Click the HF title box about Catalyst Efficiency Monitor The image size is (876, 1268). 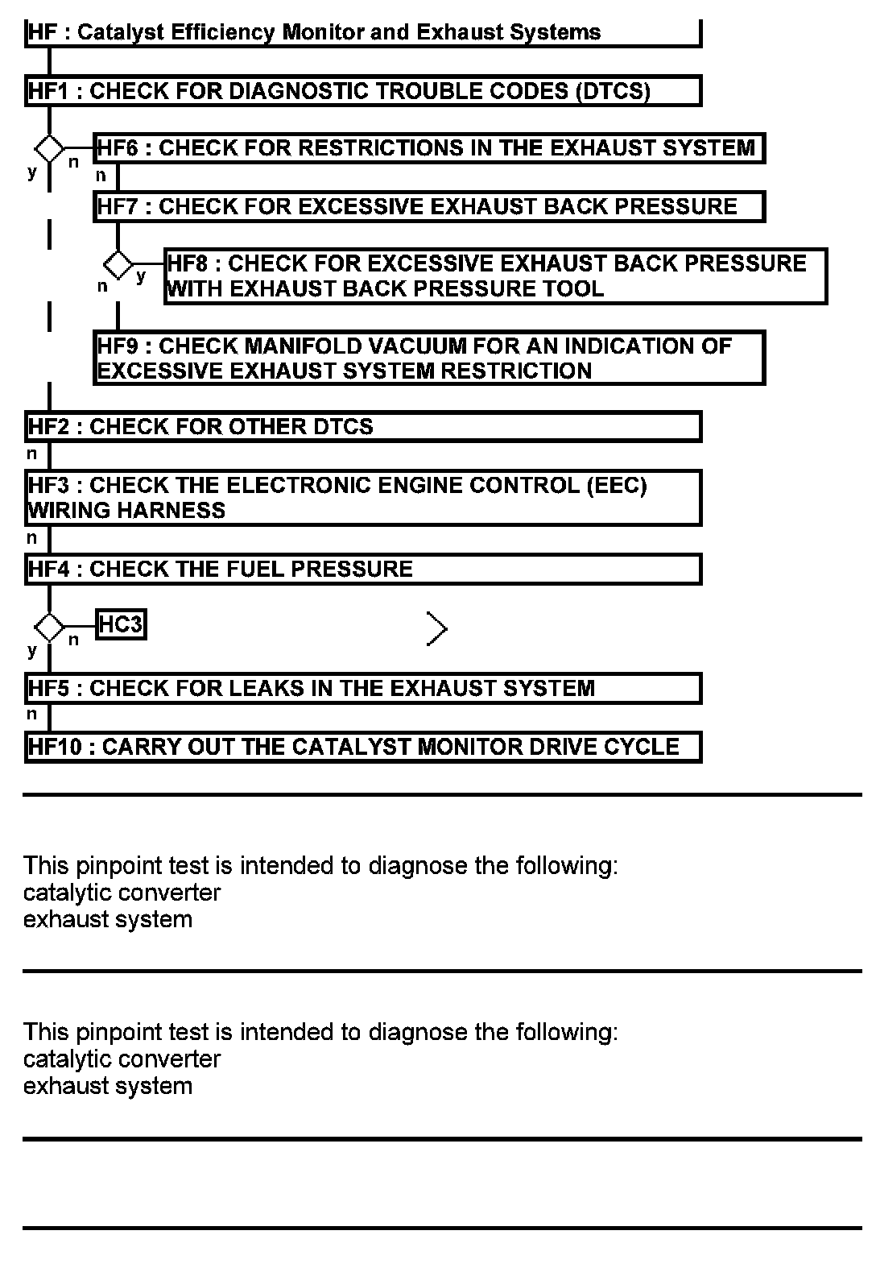[362, 33]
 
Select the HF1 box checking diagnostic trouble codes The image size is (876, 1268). [362, 91]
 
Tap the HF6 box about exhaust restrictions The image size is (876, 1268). [428, 148]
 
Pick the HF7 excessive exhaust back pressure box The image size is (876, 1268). [428, 207]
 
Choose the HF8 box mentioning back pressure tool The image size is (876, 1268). [496, 276]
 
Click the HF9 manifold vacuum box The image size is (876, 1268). [428, 358]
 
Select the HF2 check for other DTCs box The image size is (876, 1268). [362, 427]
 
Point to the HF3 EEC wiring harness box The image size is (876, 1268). [362, 498]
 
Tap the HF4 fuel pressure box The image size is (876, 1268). [362, 570]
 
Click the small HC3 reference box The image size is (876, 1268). [121, 624]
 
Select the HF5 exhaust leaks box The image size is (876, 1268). [362, 689]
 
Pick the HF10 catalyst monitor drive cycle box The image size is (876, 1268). [362, 747]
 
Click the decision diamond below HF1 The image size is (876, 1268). [49, 148]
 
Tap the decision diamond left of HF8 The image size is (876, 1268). [118, 263]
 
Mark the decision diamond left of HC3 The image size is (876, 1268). [49, 626]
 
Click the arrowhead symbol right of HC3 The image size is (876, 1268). [437, 629]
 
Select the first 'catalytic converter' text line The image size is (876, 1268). [122, 893]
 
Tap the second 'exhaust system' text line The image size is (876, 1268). [108, 1086]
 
